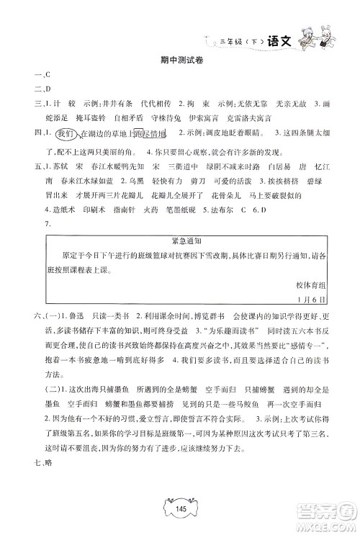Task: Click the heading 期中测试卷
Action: pos(180,60)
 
